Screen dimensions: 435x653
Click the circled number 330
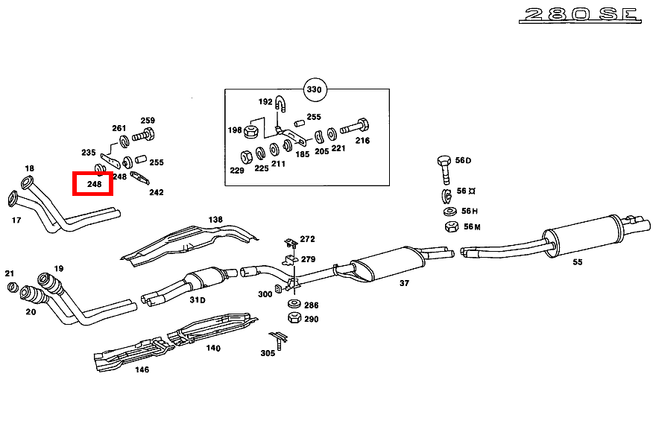click(x=315, y=90)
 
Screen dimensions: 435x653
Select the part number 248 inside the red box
click(x=93, y=184)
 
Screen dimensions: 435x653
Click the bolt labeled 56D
click(x=444, y=169)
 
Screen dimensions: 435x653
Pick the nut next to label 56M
click(x=450, y=226)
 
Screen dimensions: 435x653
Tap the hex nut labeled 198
click(x=251, y=131)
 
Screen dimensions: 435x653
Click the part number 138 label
click(x=215, y=220)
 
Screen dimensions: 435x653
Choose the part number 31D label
click(x=197, y=300)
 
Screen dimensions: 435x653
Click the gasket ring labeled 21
click(x=12, y=288)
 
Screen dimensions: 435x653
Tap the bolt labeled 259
click(x=143, y=137)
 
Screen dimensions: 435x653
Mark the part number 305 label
click(x=268, y=353)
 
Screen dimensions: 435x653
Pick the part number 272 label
click(x=307, y=239)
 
